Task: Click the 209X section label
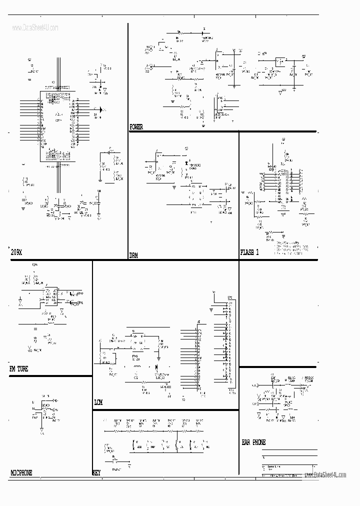[x=16, y=253]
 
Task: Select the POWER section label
[x=136, y=127]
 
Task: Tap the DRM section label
[x=134, y=255]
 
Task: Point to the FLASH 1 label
[x=249, y=252]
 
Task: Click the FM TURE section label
[x=19, y=369]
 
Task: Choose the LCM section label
[x=99, y=402]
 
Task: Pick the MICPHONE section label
[x=21, y=472]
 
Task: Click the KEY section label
[x=96, y=472]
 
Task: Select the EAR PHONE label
[x=253, y=442]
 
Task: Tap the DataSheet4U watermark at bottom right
[x=329, y=475]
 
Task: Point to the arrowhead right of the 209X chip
[x=102, y=109]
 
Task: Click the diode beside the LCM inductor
[x=156, y=366]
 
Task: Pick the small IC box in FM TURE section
[x=50, y=296]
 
